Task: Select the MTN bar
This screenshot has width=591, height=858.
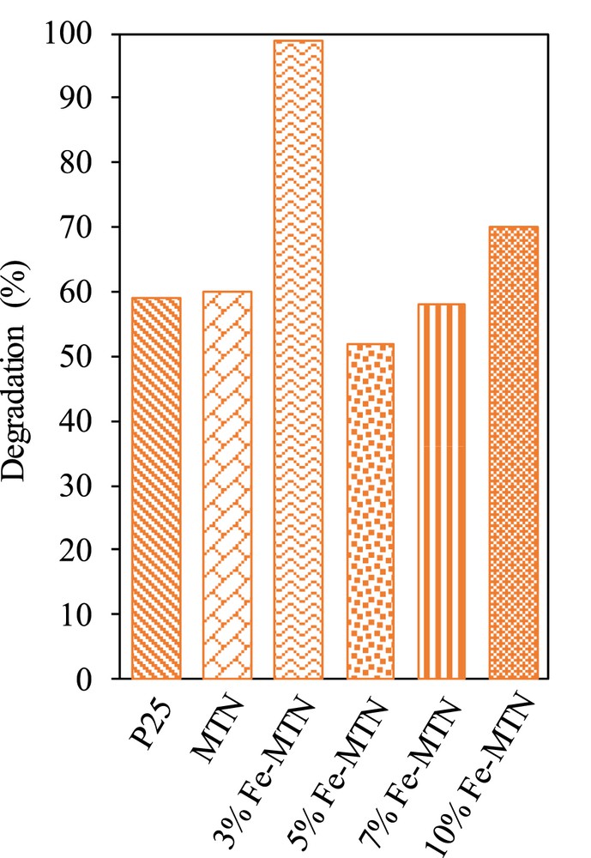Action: click(227, 485)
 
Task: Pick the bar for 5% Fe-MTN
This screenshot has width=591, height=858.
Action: click(370, 511)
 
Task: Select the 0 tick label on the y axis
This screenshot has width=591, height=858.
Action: click(95, 680)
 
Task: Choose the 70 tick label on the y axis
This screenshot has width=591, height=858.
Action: click(89, 227)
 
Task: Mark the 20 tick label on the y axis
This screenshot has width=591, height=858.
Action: click(89, 550)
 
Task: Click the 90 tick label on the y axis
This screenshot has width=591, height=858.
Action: click(89, 99)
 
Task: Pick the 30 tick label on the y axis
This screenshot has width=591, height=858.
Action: click(89, 486)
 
